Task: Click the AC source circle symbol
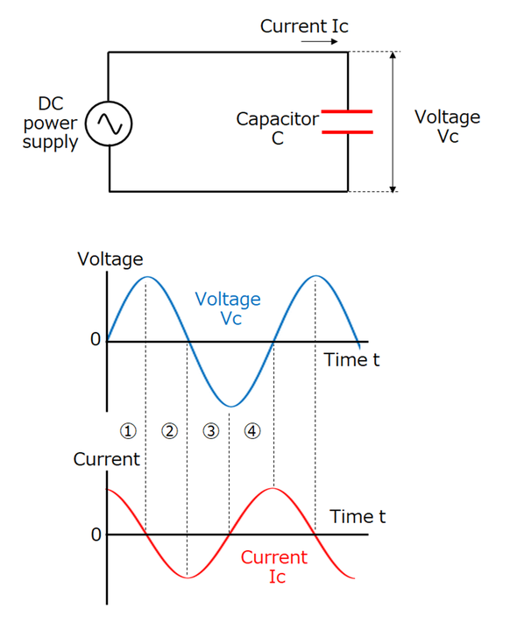pos(110,124)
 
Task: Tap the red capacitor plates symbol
pos(347,122)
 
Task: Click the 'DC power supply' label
pos(51,123)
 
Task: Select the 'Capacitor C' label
pos(277,128)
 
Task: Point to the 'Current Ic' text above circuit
pos(304,26)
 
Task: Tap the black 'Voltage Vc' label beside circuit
pos(447,127)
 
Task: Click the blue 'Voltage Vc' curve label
pos(228,308)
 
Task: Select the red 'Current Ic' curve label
pos(274,566)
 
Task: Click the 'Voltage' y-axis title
pos(110,259)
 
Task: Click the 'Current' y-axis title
pos(106,459)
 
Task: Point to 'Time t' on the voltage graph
pos(351,359)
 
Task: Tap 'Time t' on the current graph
pos(358,517)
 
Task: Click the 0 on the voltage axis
pos(96,340)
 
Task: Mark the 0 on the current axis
pos(96,534)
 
